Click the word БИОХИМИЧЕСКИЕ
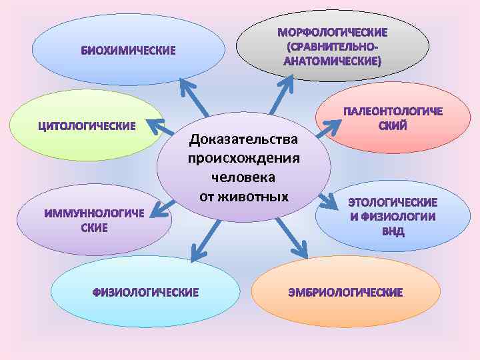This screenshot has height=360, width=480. tap(129, 50)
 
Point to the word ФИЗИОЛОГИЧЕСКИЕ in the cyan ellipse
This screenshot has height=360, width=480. tap(145, 292)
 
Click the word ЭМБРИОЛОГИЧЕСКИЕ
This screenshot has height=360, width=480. tap(345, 292)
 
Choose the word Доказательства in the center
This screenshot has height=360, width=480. tap(243, 140)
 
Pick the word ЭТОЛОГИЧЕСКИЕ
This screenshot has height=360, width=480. tap(393, 202)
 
